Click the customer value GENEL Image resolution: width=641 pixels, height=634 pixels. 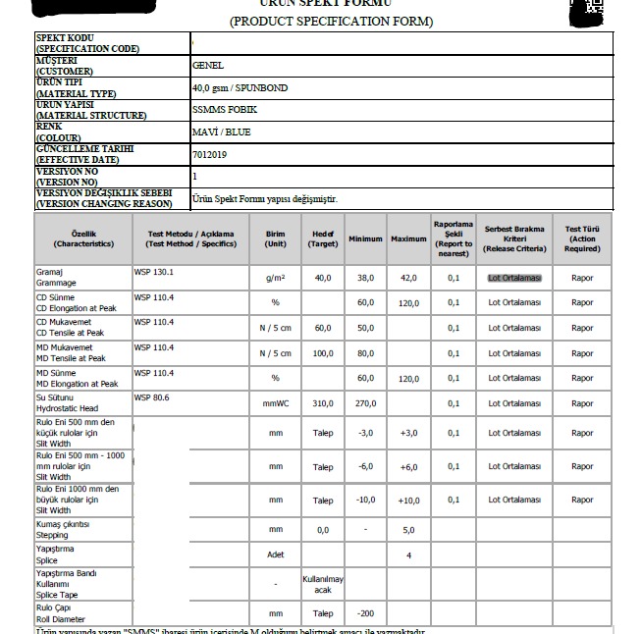pyautogui.click(x=209, y=66)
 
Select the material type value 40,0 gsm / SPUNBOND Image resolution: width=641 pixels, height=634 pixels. pyautogui.click(x=240, y=88)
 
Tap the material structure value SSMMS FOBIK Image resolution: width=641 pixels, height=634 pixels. pyautogui.click(x=224, y=110)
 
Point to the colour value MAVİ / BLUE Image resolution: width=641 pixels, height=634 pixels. pyautogui.click(x=222, y=132)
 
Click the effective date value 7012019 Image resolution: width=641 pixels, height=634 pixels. pyautogui.click(x=209, y=154)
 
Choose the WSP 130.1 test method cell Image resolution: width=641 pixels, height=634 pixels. pyautogui.click(x=153, y=271)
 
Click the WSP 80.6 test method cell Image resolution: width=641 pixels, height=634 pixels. pyautogui.click(x=151, y=398)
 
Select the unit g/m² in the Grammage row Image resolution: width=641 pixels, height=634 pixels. pyautogui.click(x=276, y=278)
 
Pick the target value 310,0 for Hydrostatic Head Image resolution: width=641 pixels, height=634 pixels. pyautogui.click(x=323, y=402)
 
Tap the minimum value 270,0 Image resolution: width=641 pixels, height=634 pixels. pyautogui.click(x=366, y=402)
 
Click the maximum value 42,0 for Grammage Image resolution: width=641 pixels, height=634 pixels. pyautogui.click(x=408, y=278)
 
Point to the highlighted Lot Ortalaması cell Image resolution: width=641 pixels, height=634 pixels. pyautogui.click(x=515, y=278)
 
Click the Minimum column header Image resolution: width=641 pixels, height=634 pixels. pyautogui.click(x=365, y=239)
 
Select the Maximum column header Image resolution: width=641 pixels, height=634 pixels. pyautogui.click(x=408, y=239)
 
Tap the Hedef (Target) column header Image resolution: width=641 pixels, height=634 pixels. pyautogui.click(x=323, y=238)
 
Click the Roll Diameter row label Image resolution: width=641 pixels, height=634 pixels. pyautogui.click(x=60, y=613)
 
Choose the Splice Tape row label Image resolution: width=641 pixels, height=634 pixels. pyautogui.click(x=68, y=584)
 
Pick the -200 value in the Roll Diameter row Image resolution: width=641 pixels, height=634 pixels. pyautogui.click(x=366, y=613)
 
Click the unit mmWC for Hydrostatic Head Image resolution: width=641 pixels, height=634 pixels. pyautogui.click(x=276, y=402)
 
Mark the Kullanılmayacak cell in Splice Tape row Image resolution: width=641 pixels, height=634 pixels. pyautogui.click(x=323, y=585)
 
